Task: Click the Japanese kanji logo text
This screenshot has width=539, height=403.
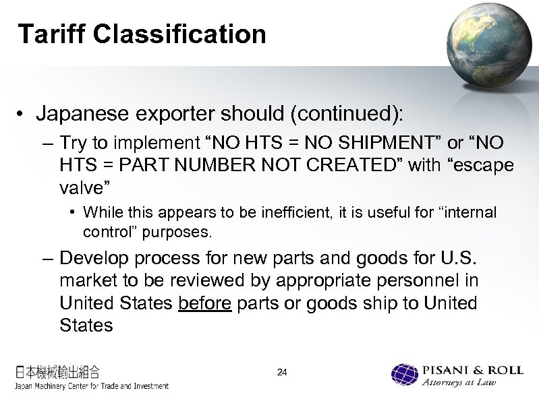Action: coord(58,371)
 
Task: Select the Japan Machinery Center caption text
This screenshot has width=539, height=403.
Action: coord(92,386)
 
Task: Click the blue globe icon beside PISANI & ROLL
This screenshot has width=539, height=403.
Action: coord(405,376)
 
